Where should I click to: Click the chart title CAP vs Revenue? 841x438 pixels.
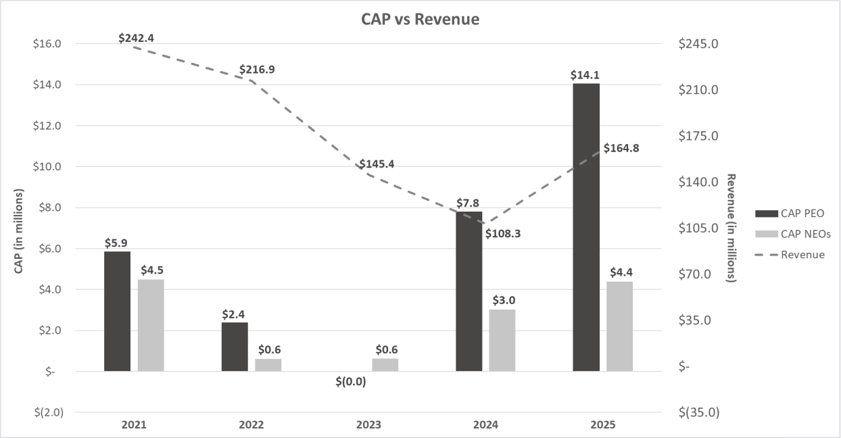[x=420, y=20]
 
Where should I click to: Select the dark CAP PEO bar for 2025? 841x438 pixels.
[x=586, y=227]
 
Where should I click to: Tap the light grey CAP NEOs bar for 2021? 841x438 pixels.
[x=151, y=325]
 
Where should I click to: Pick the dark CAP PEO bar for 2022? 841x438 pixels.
[x=235, y=347]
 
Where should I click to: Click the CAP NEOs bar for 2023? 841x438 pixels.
[x=385, y=364]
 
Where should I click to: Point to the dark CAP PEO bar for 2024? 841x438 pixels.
[x=469, y=291]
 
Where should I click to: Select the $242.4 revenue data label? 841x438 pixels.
[x=136, y=38]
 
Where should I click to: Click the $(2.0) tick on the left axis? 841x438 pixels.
[x=47, y=412]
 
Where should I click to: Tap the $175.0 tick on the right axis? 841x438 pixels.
[x=698, y=136]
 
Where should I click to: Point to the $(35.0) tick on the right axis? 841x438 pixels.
[x=698, y=412]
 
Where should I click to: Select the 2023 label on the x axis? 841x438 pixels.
[x=368, y=425]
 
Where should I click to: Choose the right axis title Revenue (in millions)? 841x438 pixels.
[x=731, y=228]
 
